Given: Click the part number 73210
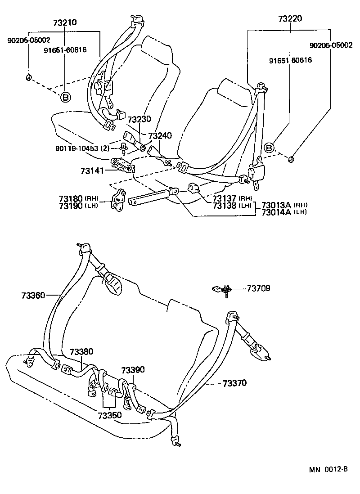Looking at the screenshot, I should (65, 22).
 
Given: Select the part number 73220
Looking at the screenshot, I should (290, 19).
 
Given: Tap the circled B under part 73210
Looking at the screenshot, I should (65, 97).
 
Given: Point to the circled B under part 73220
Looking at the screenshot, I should (269, 148).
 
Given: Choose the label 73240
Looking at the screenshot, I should (160, 135).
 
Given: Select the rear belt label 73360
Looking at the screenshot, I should (33, 295).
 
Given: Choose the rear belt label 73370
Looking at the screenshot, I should (234, 383).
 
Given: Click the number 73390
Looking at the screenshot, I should (133, 369).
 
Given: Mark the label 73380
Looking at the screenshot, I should (81, 351).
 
